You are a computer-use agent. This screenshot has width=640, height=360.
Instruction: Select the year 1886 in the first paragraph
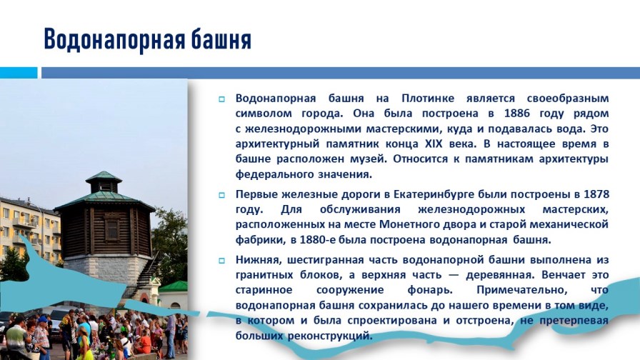pyautogui.click(x=516, y=114)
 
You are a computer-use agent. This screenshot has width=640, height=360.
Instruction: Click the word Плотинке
pyautogui.click(x=428, y=99)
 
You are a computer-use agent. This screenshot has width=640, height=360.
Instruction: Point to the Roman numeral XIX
pyautogui.click(x=434, y=144)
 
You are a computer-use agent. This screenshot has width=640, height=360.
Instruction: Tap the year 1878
pyautogui.click(x=596, y=194)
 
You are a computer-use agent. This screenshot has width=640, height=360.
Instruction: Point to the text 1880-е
pyautogui.click(x=316, y=240)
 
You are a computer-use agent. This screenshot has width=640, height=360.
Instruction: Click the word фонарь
pyautogui.click(x=430, y=291)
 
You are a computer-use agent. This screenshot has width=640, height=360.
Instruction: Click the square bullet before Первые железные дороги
pyautogui.click(x=221, y=195)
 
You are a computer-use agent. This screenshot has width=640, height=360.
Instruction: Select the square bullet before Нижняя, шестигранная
pyautogui.click(x=221, y=261)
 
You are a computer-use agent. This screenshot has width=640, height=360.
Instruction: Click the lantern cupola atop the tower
pyautogui.click(x=104, y=181)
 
